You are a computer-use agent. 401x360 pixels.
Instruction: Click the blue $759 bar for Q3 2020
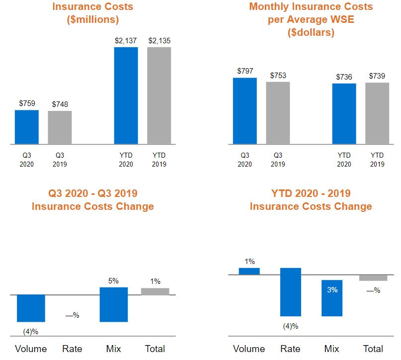26,127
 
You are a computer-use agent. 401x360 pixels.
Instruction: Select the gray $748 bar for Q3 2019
60,127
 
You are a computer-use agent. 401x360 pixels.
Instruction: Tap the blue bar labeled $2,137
126,95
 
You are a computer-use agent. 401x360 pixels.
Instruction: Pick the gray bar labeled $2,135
159,95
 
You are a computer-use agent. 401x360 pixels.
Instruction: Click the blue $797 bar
244,111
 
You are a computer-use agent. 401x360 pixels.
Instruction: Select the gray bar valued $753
278,113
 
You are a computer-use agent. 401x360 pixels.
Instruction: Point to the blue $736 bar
344,114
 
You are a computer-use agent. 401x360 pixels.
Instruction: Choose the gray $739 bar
377,113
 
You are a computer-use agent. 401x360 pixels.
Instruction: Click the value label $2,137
126,41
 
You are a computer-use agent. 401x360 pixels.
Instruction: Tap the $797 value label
245,71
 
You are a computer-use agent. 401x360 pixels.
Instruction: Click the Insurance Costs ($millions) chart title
92,13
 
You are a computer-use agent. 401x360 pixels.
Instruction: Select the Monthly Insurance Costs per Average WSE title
311,20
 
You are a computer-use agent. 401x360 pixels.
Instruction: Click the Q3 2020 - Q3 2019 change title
92,199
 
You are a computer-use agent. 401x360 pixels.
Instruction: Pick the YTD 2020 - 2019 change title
311,199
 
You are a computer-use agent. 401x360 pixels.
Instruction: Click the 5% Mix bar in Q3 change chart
114,304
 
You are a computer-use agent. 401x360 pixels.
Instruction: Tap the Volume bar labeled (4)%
31,308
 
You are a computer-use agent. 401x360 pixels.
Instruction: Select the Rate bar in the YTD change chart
291,292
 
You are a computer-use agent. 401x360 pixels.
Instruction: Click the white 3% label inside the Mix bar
332,289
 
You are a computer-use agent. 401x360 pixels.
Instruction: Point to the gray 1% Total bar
155,291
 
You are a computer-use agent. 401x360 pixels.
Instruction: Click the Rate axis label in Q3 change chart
72,349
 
